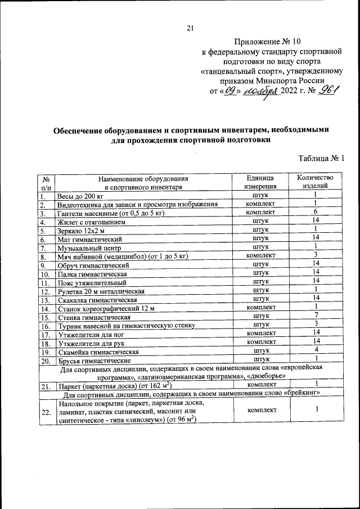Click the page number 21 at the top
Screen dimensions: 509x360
click(x=190, y=29)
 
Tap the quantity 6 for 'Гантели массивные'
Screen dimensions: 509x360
click(x=317, y=212)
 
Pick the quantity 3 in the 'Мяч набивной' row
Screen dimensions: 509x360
click(x=317, y=255)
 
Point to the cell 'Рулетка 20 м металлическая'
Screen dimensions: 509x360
click(x=102, y=291)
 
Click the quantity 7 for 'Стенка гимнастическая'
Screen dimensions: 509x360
click(x=317, y=316)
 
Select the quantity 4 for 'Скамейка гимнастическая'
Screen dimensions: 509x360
click(x=317, y=350)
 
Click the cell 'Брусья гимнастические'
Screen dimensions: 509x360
click(x=94, y=361)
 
